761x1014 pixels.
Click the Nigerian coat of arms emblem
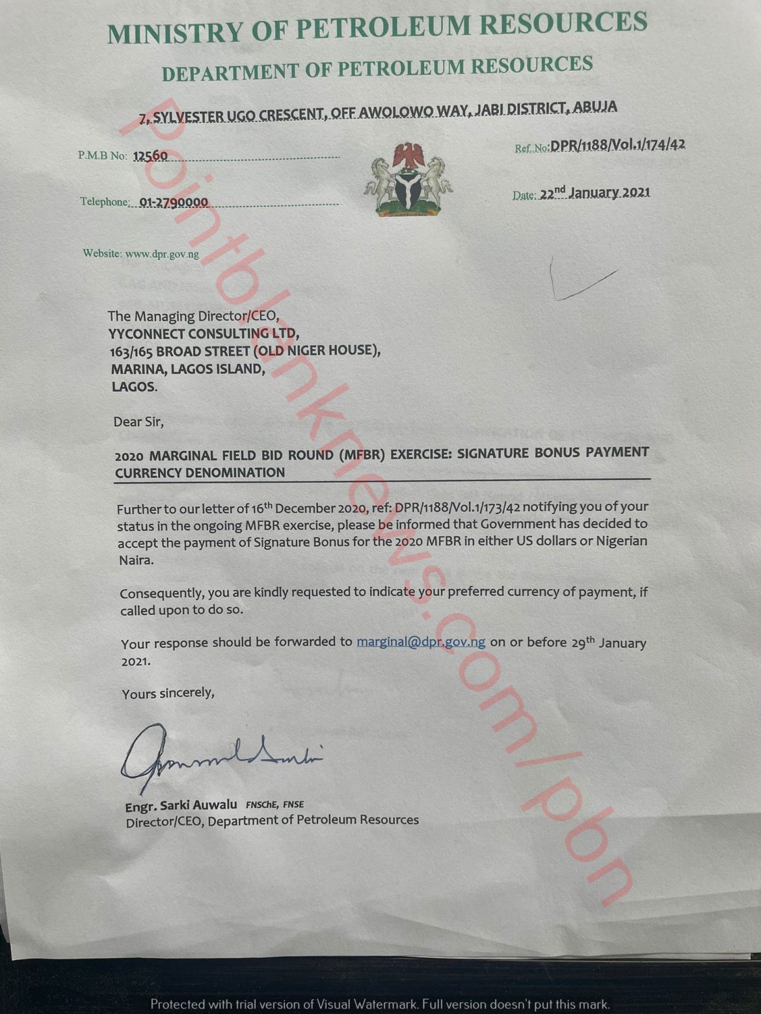408,179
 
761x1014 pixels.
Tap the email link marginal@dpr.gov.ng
421,642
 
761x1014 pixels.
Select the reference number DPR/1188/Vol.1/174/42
617,145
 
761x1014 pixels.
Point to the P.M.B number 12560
150,156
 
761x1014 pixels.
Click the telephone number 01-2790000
174,202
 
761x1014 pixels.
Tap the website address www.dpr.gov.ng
162,254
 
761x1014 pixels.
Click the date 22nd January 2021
594,192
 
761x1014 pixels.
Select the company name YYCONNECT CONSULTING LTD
204,334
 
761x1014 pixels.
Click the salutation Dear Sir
139,422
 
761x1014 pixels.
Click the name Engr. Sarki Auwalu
181,806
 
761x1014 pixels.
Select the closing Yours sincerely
168,694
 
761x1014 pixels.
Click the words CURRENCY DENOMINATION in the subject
200,473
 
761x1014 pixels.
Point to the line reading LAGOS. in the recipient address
134,387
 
